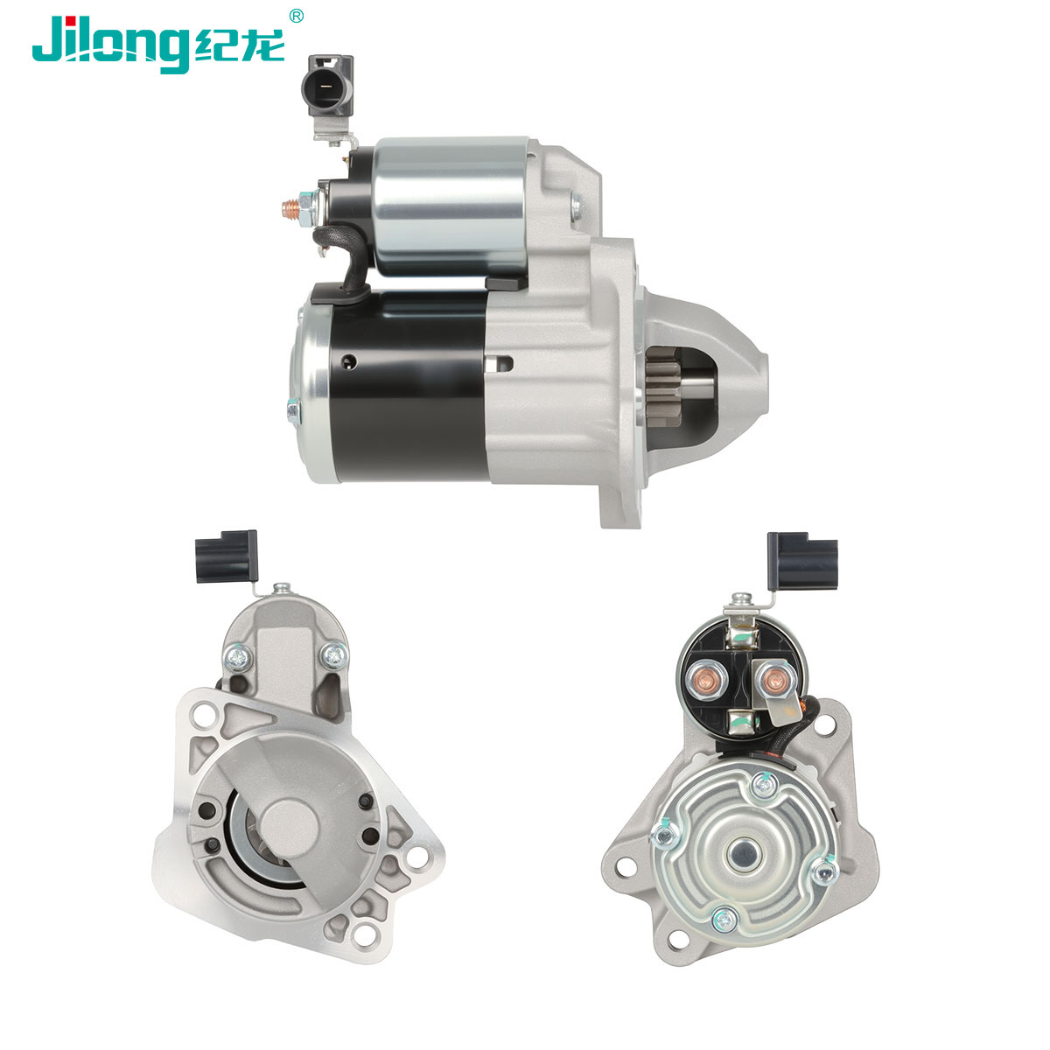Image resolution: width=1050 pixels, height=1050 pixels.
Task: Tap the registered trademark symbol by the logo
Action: [296, 16]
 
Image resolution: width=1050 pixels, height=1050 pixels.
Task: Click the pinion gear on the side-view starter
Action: [664, 387]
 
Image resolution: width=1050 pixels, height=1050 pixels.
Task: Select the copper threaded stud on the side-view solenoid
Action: [291, 208]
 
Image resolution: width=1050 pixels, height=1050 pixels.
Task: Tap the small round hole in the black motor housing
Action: [349, 360]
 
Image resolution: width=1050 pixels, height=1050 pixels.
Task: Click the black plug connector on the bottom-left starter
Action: [226, 556]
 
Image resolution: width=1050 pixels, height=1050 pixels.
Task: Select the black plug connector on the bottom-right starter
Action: [801, 562]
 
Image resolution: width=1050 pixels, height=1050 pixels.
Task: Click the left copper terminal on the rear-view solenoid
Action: [705, 679]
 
